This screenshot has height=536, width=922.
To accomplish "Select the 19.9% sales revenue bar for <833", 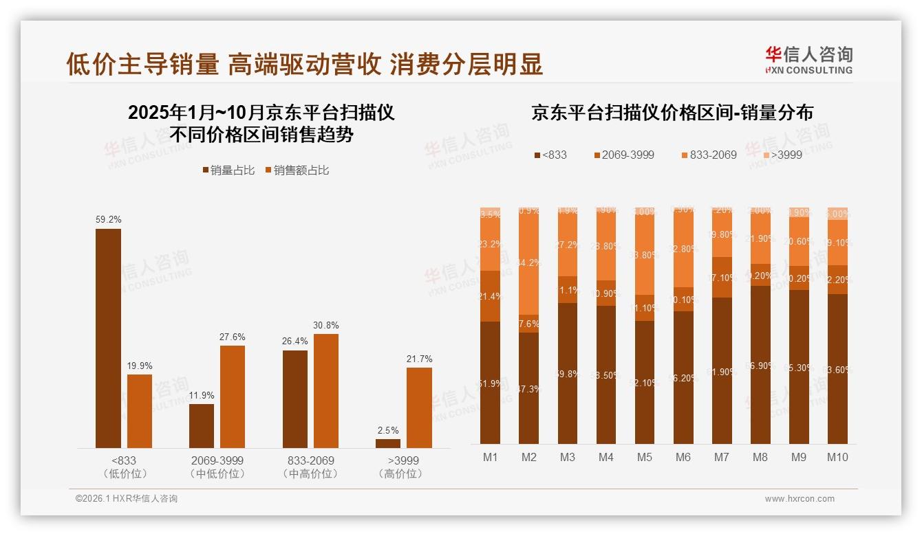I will [x=140, y=411].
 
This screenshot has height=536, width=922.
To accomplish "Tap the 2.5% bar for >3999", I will [x=388, y=443].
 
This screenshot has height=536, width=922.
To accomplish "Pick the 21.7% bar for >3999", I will [x=419, y=407].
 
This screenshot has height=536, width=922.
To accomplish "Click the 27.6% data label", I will [x=233, y=337].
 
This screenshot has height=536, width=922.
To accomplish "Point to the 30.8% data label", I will [x=326, y=326].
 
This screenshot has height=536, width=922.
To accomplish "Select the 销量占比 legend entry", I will [x=227, y=170].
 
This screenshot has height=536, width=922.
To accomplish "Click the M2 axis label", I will [x=528, y=457].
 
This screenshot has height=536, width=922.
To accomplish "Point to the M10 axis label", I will [x=837, y=457].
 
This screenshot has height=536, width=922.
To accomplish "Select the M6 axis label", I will [x=683, y=457].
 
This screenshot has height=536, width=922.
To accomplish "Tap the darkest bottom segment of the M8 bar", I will [x=760, y=364].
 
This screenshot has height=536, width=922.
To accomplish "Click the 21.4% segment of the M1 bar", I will [x=490, y=296].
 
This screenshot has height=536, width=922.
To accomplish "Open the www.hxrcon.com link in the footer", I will [x=800, y=499].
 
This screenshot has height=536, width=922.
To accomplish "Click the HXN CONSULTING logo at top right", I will [x=808, y=60].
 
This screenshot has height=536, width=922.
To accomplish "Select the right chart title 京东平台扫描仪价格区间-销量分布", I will [x=672, y=113].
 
